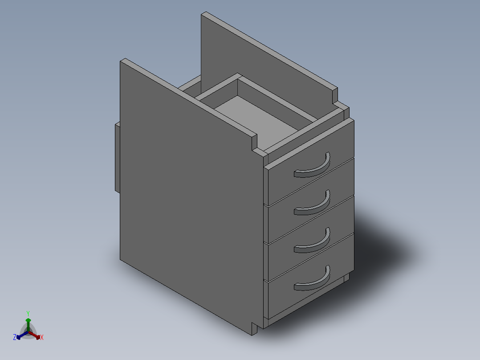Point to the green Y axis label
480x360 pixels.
28,313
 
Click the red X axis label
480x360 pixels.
42,338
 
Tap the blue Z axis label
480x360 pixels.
15,337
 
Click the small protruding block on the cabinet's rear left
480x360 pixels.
117,156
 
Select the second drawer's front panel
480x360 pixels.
285,221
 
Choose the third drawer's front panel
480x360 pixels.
285,258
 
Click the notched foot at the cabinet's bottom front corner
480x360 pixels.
255,329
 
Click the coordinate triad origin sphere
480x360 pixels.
28,332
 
